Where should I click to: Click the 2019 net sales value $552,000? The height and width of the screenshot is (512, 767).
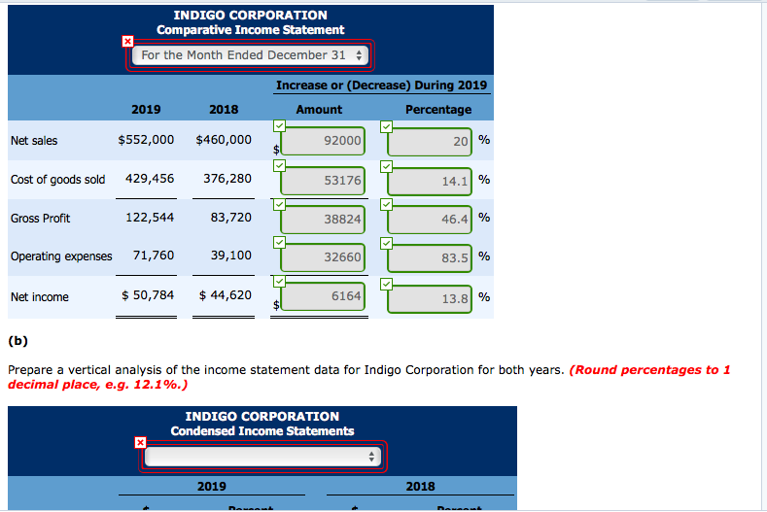[x=146, y=140]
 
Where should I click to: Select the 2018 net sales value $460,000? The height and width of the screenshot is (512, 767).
[x=224, y=140]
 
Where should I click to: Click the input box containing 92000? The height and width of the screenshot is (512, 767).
[x=326, y=141]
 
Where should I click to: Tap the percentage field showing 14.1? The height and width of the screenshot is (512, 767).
[x=429, y=180]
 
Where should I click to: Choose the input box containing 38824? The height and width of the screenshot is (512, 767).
[x=326, y=220]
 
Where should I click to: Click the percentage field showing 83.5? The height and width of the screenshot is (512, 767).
[x=429, y=257]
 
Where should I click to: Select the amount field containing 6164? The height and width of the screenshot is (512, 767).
[x=326, y=296]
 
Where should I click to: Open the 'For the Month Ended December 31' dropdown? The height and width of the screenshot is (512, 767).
[x=251, y=55]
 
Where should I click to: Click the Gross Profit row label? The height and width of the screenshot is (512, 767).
[x=40, y=219]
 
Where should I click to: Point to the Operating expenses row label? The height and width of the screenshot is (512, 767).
[x=60, y=256]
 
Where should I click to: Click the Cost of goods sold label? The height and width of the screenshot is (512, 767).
[x=57, y=180]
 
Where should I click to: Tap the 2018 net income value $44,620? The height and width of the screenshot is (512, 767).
[x=225, y=295]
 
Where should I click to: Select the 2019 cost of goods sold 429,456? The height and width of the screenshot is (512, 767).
[x=150, y=179]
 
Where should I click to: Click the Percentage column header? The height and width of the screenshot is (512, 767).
[x=437, y=110]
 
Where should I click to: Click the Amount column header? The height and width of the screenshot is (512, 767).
[x=319, y=110]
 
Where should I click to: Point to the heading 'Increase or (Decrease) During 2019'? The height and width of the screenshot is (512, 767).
[x=381, y=85]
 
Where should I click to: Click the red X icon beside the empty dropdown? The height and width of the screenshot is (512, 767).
[x=140, y=443]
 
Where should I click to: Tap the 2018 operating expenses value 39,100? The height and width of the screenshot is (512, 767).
[x=230, y=256]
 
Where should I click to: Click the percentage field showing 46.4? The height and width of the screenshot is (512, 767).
[x=429, y=220]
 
